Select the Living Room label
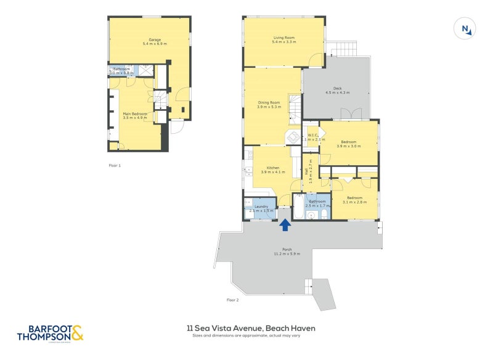285,38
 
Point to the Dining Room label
269,102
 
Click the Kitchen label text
272,168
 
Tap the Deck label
337,88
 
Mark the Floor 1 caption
115,166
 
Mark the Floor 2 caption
232,300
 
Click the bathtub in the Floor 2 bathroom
298,208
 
